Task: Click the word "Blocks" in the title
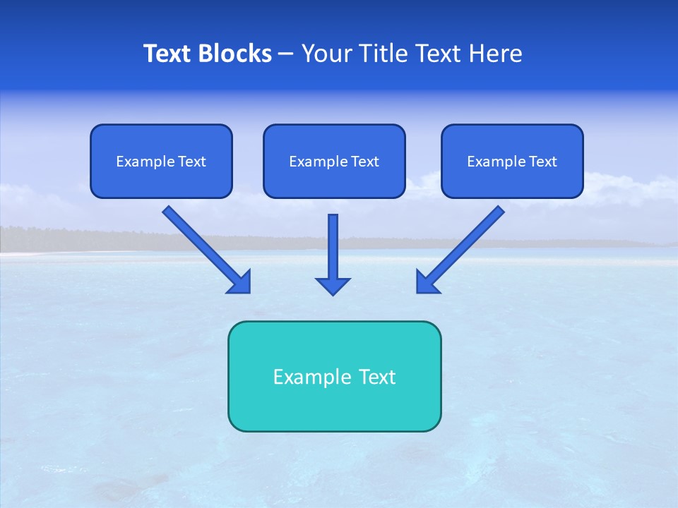click(x=237, y=54)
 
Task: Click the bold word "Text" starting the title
click(x=169, y=54)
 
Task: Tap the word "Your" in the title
click(x=328, y=54)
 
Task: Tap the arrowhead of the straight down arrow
click(x=333, y=286)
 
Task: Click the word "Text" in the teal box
click(x=376, y=377)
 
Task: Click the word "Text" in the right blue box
click(x=542, y=162)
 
